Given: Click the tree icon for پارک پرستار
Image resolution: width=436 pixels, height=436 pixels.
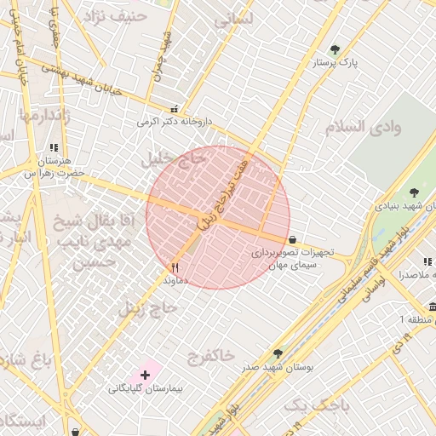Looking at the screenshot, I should [x=335, y=50].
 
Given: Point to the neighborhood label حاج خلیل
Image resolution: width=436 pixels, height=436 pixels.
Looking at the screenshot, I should [x=174, y=159].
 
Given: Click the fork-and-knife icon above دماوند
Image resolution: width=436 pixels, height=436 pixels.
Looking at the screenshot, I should [x=175, y=267].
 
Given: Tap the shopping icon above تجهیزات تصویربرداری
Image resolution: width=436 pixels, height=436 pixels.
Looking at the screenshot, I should [x=293, y=240].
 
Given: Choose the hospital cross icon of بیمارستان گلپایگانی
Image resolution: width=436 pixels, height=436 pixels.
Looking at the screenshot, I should [x=145, y=375].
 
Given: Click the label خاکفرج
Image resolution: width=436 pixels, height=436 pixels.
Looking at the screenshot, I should [x=209, y=355].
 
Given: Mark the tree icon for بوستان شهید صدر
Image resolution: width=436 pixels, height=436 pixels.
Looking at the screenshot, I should [x=278, y=353].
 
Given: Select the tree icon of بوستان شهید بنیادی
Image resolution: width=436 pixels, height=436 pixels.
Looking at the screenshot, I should [x=414, y=193].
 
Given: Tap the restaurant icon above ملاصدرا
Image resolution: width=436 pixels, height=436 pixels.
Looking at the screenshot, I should [x=426, y=263].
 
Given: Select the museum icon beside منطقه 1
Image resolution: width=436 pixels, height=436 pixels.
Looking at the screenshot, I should [x=432, y=307].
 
